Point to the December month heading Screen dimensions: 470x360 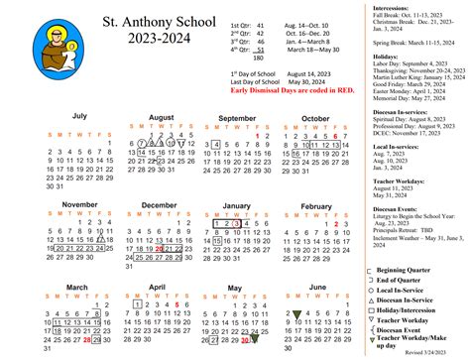pos(160,204)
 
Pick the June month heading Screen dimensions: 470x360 pos(316,287)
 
